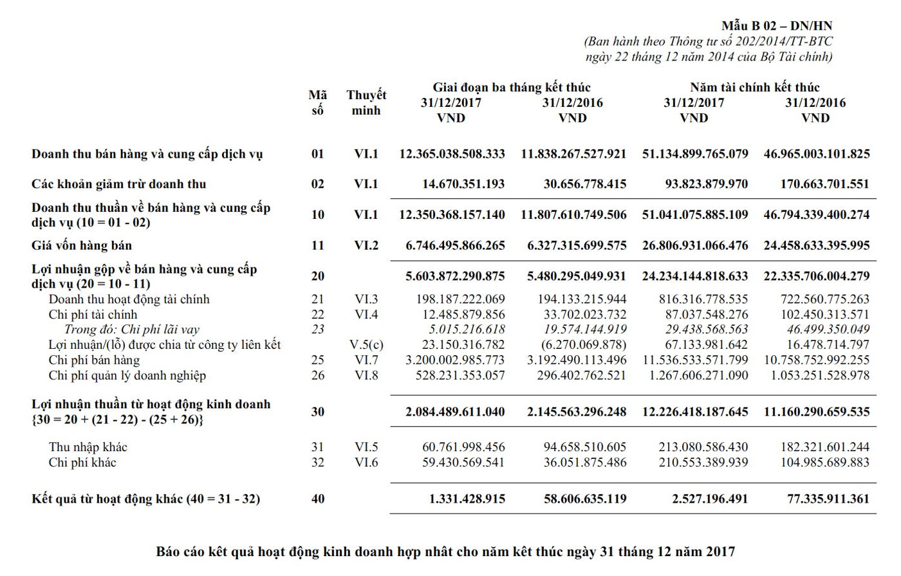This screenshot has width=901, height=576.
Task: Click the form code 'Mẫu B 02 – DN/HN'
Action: [x=777, y=26]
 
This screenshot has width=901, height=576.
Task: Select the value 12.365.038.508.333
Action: [x=452, y=154]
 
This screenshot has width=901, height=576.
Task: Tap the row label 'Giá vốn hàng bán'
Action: [x=82, y=245]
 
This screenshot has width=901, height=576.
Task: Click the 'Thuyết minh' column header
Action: [x=366, y=103]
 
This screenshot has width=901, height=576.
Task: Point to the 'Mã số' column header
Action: [x=317, y=103]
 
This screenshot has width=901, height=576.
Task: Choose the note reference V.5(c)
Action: [x=366, y=345]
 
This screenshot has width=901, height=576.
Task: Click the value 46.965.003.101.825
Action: [x=816, y=154]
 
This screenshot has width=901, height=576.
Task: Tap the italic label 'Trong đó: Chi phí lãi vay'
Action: [x=132, y=330]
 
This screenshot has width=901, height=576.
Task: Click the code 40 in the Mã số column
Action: [x=318, y=499]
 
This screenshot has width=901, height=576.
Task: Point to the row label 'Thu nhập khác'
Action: [x=88, y=447]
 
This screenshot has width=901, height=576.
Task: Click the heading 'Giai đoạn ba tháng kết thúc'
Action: [x=512, y=87]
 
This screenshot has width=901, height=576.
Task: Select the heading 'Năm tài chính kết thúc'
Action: [x=755, y=87]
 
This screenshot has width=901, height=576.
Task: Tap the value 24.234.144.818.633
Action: [x=695, y=276]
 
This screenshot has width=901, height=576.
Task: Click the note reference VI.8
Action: [x=366, y=375]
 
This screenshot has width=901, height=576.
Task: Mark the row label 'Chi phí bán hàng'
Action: [x=94, y=360]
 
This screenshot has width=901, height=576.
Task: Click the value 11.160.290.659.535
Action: [x=816, y=412]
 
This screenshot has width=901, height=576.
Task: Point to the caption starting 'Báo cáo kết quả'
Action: [x=445, y=552]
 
